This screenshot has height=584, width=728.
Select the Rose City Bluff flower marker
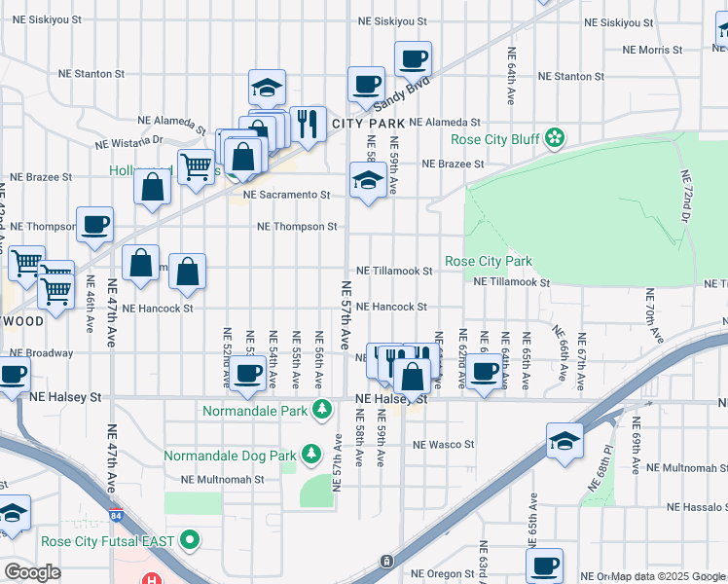click(x=555, y=139)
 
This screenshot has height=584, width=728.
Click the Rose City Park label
click(x=489, y=262)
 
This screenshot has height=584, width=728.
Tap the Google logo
click(x=32, y=572)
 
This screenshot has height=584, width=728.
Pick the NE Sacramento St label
click(x=287, y=195)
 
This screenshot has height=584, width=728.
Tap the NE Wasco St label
click(x=443, y=445)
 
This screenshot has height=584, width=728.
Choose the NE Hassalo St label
click(x=697, y=508)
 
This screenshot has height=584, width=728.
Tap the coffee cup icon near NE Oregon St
click(x=544, y=565)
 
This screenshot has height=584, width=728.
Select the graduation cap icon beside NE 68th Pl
click(x=564, y=440)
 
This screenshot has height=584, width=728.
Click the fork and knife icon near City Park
click(x=308, y=123)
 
